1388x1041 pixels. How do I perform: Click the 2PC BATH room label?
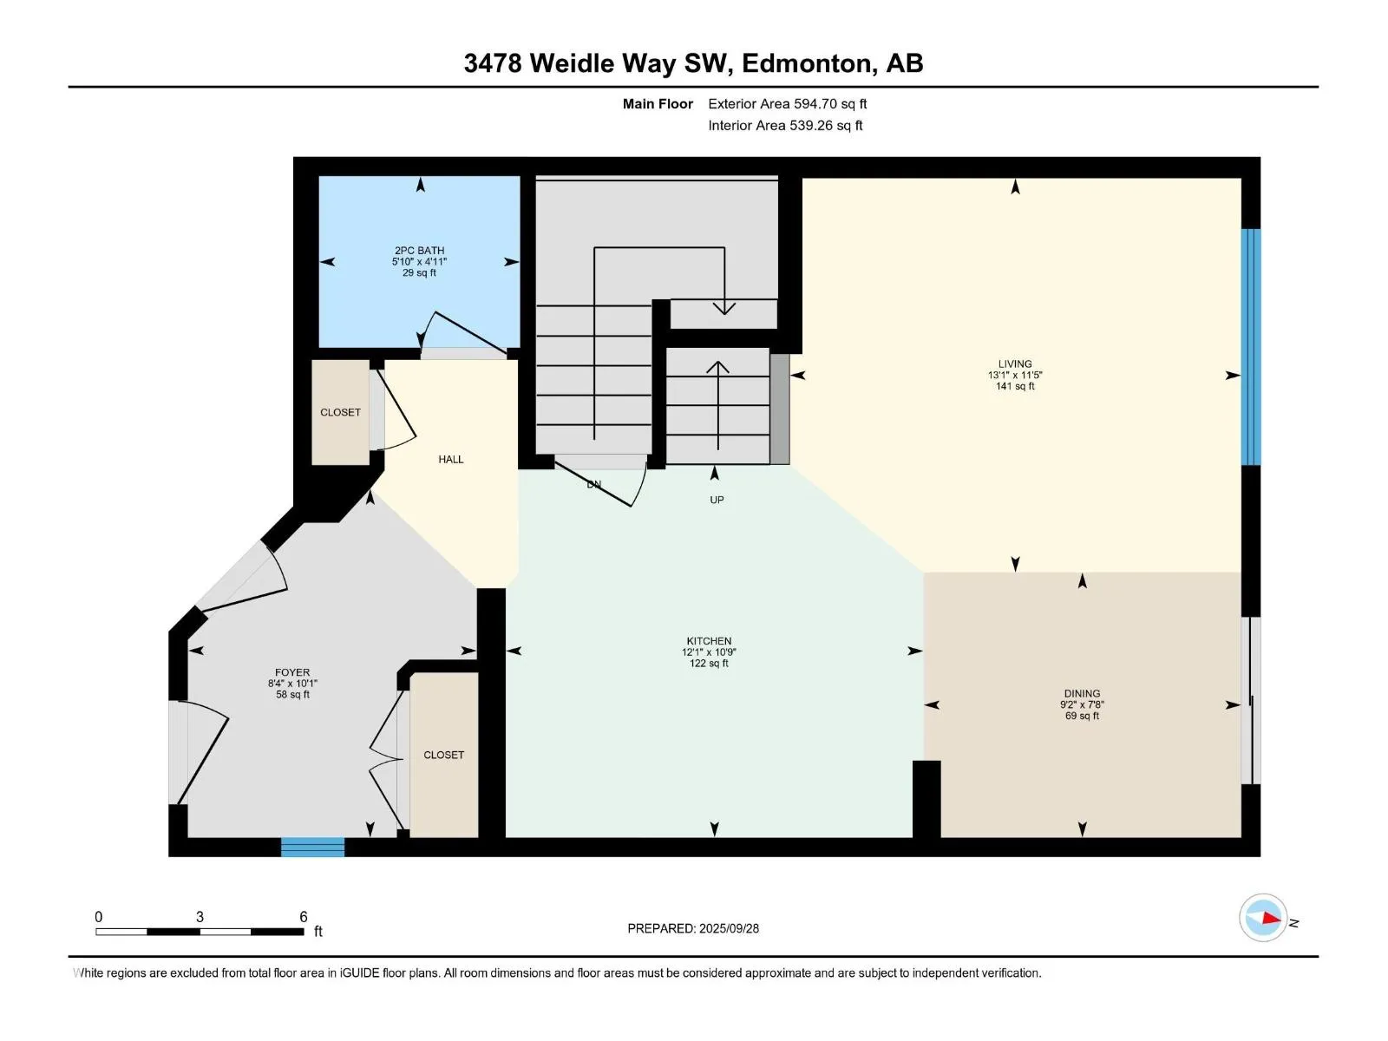pyautogui.click(x=419, y=251)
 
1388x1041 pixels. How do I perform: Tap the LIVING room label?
pyautogui.click(x=1015, y=363)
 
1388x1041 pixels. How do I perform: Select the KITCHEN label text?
pyautogui.click(x=709, y=641)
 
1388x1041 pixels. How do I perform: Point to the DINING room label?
pyautogui.click(x=1082, y=693)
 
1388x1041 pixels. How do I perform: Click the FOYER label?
pyautogui.click(x=292, y=672)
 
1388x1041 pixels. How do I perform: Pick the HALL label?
pyautogui.click(x=451, y=460)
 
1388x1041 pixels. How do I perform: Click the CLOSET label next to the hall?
pyautogui.click(x=340, y=412)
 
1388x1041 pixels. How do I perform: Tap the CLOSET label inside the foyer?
pyautogui.click(x=443, y=755)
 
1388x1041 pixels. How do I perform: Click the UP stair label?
pyautogui.click(x=717, y=500)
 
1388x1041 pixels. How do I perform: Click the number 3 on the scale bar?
pyautogui.click(x=200, y=916)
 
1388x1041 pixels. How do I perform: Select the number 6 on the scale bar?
pyautogui.click(x=304, y=916)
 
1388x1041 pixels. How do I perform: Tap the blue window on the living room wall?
pyautogui.click(x=1251, y=347)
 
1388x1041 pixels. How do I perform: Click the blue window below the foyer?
pyautogui.click(x=312, y=847)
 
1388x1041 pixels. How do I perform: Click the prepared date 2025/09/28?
pyautogui.click(x=729, y=928)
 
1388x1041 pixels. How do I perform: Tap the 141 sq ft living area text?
pyautogui.click(x=1015, y=386)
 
